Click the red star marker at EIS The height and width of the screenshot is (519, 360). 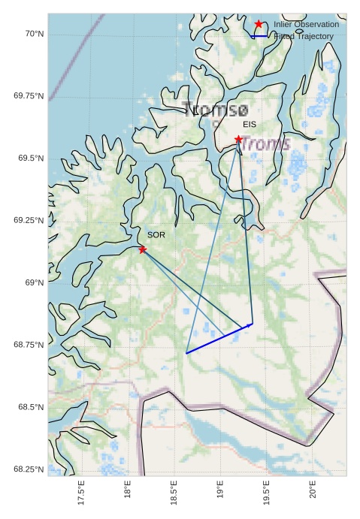[238, 140]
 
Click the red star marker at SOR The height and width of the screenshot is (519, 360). [142, 249]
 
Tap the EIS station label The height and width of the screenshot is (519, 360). [250, 124]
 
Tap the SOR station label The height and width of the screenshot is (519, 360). [156, 235]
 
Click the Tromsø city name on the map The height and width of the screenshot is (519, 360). [215, 110]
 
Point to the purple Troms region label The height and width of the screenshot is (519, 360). [265, 144]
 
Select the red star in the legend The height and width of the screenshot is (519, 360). [259, 25]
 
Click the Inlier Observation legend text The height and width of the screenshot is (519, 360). [306, 25]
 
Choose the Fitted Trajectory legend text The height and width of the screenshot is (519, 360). [304, 36]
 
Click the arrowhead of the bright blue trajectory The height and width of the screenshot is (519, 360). [250, 324]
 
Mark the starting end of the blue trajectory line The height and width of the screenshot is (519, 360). [186, 352]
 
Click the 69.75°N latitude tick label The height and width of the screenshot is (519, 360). [29, 96]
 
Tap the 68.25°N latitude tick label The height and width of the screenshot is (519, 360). [29, 469]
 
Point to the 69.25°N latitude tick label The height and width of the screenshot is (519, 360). [29, 220]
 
